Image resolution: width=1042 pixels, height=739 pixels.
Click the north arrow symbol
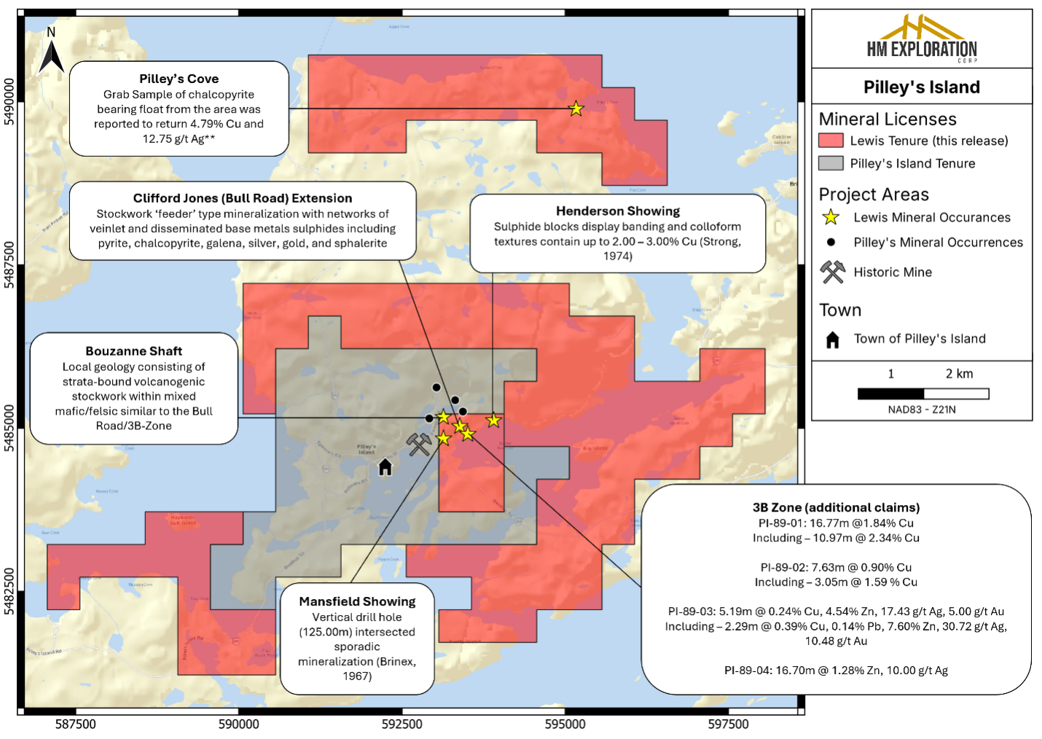pos(51,53)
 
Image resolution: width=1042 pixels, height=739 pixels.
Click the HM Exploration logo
pos(922,39)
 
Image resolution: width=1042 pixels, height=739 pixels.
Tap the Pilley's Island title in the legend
pos(922,87)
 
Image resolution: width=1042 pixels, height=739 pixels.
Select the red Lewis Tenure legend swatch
pos(831,141)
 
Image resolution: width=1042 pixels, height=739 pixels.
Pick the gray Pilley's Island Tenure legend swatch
pos(831,163)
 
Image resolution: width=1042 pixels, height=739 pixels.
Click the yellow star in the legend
pos(831,217)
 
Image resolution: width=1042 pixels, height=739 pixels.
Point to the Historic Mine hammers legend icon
pos(832,272)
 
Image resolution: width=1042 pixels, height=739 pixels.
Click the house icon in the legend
pos(832,340)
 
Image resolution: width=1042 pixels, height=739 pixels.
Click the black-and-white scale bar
pos(923,394)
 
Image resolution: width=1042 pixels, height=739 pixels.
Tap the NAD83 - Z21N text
pos(922,410)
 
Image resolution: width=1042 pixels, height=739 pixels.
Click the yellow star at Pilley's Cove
pos(576,109)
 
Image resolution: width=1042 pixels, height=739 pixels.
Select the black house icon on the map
pos(385,467)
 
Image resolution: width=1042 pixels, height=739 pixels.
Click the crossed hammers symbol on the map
pos(419,444)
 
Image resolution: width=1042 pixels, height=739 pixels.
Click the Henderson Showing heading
pos(618,211)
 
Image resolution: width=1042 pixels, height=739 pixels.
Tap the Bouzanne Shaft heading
pos(134,351)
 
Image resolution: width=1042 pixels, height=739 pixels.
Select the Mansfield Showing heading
pos(357,601)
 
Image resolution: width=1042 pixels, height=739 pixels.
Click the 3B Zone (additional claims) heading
pos(836,507)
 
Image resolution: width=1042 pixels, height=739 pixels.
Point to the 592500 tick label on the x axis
pos(402,724)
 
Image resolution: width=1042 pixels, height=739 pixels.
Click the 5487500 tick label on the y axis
pos(9,265)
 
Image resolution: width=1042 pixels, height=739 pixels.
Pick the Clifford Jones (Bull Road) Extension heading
pos(243,198)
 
